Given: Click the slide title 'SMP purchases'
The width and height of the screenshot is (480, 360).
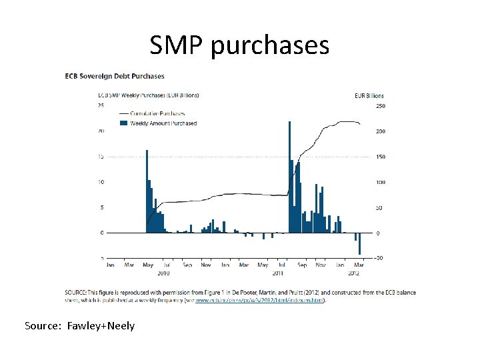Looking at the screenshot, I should click(239, 45).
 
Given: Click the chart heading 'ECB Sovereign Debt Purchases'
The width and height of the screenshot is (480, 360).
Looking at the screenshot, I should click(115, 76).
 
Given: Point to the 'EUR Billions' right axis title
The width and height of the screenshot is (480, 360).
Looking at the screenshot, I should click(369, 95).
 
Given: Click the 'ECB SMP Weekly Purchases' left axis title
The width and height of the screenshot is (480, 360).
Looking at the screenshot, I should click(149, 95).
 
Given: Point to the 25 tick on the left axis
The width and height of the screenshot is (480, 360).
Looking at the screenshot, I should click(101, 105).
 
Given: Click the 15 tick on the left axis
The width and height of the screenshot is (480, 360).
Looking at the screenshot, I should click(101, 157).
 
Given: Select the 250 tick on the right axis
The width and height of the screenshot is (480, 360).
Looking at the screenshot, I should click(381, 106).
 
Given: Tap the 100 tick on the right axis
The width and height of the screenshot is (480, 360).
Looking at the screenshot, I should click(381, 183).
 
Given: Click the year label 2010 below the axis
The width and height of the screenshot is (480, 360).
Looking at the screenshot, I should click(163, 273).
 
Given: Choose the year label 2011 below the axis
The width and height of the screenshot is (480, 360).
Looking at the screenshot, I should click(278, 273).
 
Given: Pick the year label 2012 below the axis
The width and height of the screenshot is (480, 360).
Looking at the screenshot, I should click(354, 273).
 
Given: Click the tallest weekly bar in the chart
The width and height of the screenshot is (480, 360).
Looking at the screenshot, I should click(289, 177).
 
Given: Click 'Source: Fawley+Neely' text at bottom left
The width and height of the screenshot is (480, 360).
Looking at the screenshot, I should click(79, 326).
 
